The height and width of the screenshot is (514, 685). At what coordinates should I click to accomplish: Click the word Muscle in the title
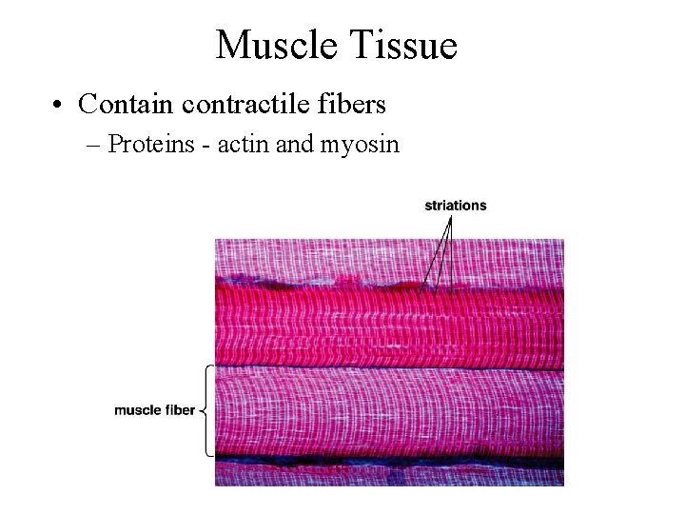coord(275,44)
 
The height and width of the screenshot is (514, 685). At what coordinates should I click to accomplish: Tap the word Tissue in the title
coord(403,44)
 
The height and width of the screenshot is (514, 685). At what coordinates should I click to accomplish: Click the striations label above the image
coord(455,205)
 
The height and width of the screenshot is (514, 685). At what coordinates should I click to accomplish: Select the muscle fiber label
coord(155,410)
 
